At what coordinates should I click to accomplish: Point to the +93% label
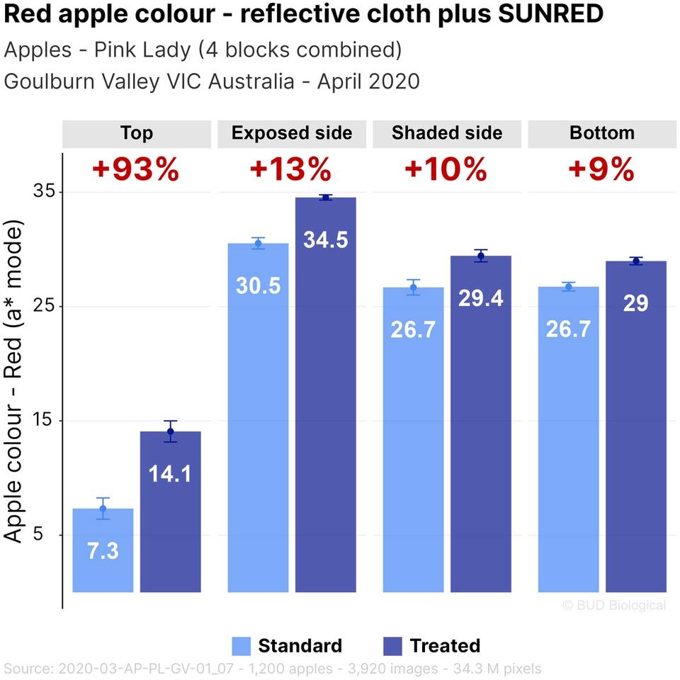(136, 170)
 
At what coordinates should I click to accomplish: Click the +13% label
(291, 170)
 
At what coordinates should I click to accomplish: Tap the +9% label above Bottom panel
(601, 170)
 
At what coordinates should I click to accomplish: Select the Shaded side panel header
(446, 133)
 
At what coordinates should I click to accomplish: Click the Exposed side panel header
(291, 133)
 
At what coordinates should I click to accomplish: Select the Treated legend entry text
(445, 646)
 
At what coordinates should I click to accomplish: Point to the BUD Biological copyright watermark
(614, 605)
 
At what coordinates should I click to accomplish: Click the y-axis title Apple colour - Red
(14, 382)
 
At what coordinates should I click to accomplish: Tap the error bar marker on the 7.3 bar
(103, 509)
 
